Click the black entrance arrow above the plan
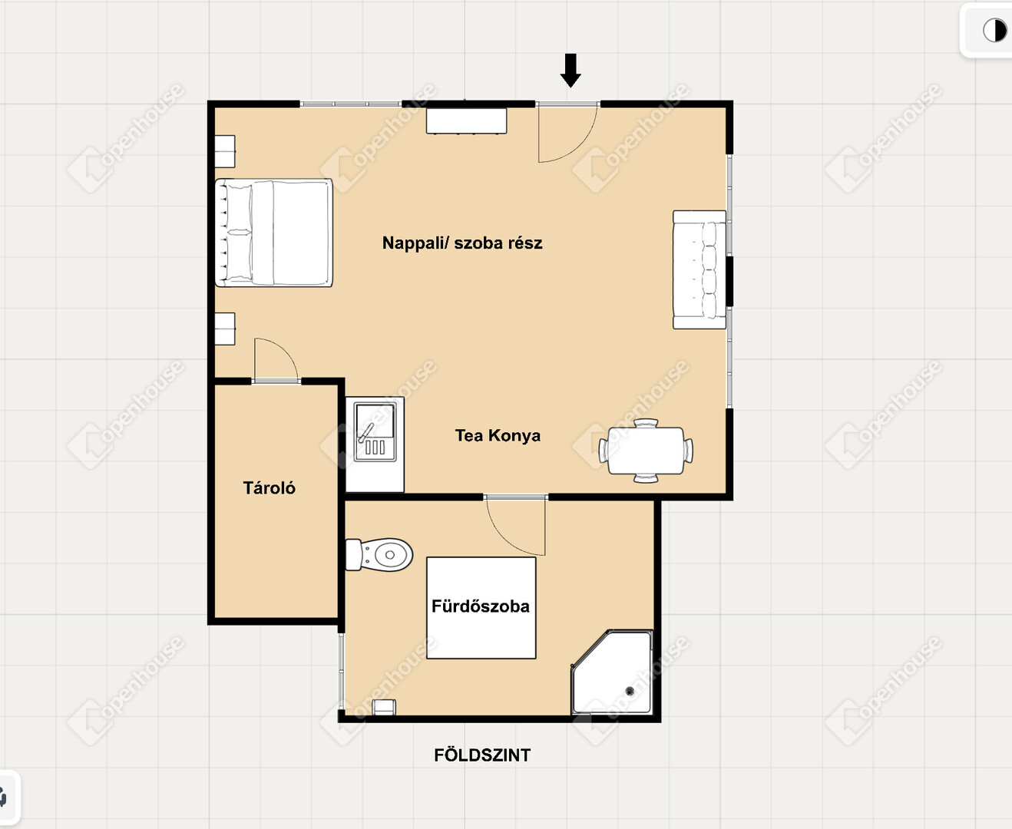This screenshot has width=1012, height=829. [570, 71]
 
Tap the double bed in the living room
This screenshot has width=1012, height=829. [273, 233]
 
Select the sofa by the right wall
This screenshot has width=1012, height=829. [699, 269]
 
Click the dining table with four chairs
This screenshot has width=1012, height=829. [646, 451]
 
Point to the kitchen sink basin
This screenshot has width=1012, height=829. [375, 431]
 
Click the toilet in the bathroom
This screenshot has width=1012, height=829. [379, 554]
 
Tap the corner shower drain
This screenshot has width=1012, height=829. [630, 691]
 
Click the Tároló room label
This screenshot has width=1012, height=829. [270, 488]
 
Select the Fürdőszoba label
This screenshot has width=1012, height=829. [481, 606]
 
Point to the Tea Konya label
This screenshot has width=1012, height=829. [498, 436]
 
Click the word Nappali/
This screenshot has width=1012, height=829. [415, 243]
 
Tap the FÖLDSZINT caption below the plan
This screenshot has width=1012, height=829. [482, 755]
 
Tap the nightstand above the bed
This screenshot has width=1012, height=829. [224, 151]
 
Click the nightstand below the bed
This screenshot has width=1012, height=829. [224, 329]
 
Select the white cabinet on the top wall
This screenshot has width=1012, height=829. [466, 121]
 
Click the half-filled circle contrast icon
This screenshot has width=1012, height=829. [995, 31]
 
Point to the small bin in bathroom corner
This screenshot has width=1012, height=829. [385, 707]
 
